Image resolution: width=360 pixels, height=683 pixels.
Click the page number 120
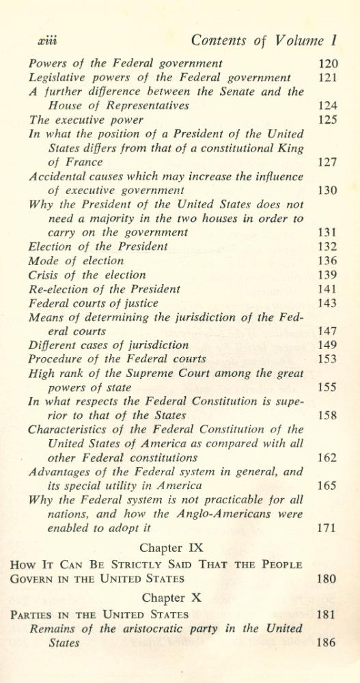pos(328,64)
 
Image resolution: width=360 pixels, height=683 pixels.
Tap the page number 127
pos(328,163)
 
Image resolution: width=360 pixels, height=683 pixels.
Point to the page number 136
pos(328,260)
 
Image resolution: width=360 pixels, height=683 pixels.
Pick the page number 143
pos(328,303)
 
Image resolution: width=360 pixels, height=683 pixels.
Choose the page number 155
pos(328,387)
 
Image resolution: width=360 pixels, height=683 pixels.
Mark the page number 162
pos(328,458)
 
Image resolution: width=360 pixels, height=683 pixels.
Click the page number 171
pos(328,528)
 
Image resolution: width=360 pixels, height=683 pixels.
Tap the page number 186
pos(328,643)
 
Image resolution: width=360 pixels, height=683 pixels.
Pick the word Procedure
pos(60,359)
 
